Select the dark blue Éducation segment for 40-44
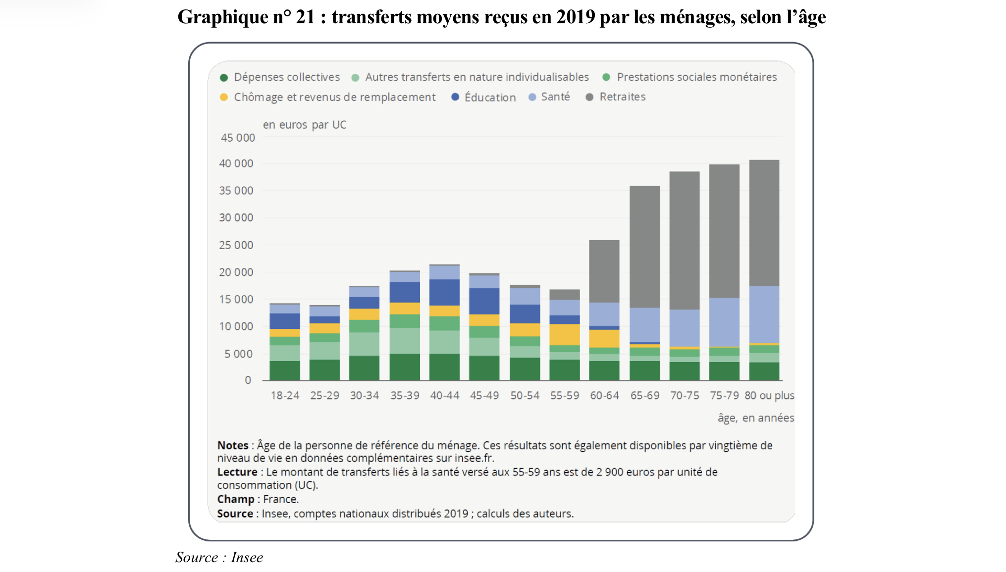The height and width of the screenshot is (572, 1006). pos(444,292)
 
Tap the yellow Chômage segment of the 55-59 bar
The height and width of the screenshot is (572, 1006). pos(564,334)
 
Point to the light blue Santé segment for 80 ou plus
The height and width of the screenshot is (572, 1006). pos(764,314)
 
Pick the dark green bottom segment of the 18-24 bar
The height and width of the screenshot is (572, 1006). pos(285,370)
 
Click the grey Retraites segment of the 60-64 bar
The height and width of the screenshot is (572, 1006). pos(604,271)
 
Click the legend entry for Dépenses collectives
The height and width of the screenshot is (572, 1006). pos(286,77)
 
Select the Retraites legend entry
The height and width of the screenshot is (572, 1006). pos(622,97)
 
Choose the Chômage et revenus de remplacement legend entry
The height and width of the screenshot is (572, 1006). pos(334,97)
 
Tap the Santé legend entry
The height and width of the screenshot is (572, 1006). pos(555,97)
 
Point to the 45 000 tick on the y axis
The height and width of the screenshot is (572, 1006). pos(238,138)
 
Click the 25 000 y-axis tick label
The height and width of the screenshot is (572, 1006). pos(236,245)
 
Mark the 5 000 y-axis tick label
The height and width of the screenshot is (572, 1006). pos(238,354)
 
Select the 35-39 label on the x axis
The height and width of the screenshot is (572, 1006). pos(405,396)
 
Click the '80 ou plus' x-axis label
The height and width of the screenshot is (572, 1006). pos(769,396)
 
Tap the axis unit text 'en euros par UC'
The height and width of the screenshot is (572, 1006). pos(305,125)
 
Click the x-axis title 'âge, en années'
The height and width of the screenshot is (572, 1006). pos(755,418)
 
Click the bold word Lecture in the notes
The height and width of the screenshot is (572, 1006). pos(237,472)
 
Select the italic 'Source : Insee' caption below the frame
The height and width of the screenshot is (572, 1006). pos(219,558)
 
